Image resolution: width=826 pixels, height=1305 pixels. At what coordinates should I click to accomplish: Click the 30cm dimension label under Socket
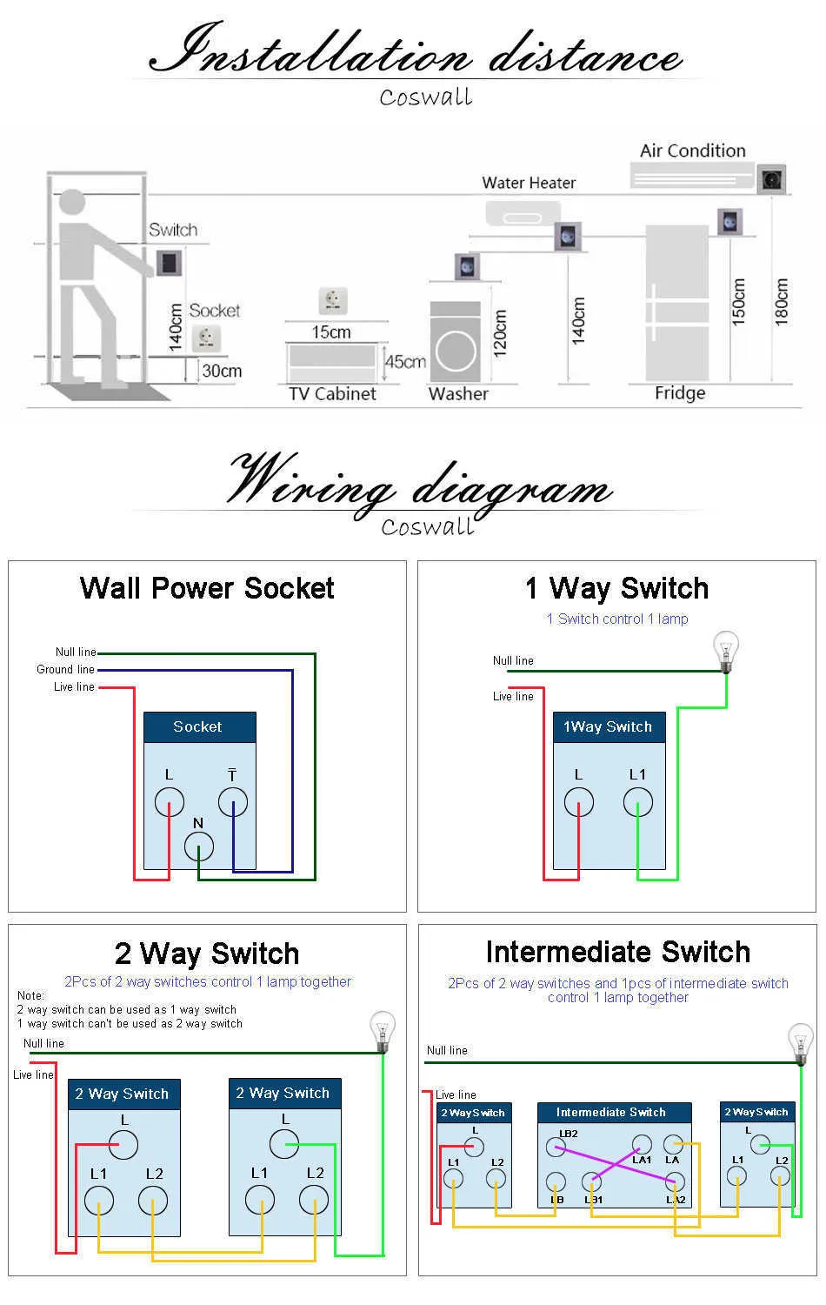point(222,371)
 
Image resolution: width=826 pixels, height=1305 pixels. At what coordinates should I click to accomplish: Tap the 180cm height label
point(781,301)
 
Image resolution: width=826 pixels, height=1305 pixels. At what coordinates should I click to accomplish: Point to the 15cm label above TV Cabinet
point(331,332)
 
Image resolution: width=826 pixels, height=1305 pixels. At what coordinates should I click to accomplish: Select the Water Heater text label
point(529,183)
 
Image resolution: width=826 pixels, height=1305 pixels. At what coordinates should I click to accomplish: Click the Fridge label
point(680,392)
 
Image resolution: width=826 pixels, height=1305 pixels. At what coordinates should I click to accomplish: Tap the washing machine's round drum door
point(456,351)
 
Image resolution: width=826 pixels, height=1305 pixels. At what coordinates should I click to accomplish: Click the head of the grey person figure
point(72,202)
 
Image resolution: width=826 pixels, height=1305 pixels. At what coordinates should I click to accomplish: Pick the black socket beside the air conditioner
point(771,179)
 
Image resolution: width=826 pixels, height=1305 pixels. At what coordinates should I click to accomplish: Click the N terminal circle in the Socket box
point(199,846)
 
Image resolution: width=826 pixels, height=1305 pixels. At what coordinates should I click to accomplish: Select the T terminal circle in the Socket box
point(233,802)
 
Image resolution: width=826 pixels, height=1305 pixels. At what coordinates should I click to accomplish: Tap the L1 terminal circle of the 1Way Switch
point(638,802)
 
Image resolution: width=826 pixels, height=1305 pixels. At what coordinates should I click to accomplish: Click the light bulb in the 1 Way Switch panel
point(726,652)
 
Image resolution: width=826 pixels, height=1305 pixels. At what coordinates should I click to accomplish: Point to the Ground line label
point(65,669)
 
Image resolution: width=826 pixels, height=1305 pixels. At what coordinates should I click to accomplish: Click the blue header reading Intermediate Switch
point(614,1112)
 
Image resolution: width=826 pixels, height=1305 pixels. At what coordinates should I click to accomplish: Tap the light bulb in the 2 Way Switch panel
point(383,1032)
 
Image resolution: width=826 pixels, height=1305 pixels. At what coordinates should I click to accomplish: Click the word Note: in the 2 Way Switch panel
point(30,995)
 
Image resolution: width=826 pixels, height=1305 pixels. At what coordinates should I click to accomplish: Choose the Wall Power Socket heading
point(207,588)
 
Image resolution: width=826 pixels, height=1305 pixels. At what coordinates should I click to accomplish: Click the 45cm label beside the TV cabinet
point(406,361)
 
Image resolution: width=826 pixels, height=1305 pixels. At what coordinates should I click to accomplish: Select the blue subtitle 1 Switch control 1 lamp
point(617,619)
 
